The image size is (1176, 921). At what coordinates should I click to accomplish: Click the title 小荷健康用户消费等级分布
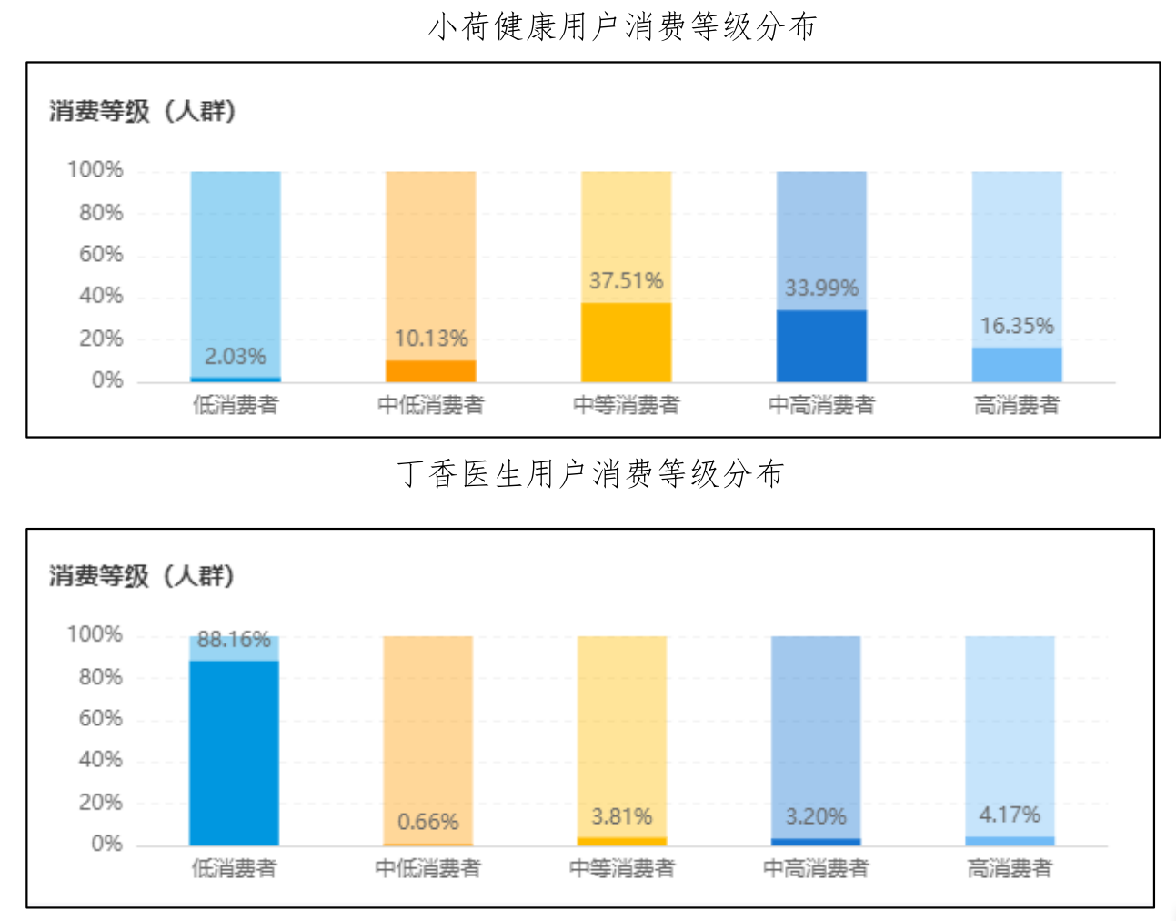[622, 26]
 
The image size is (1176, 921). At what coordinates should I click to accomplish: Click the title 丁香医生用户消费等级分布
[590, 473]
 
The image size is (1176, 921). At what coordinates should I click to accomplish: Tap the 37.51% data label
[626, 280]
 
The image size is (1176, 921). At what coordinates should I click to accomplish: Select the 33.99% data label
[821, 288]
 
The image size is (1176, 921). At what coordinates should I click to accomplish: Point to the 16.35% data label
[1017, 326]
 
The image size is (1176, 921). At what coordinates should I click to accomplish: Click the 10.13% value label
[431, 339]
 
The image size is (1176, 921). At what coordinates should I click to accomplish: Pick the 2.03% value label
[236, 356]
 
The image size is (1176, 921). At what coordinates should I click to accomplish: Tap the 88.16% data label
[234, 639]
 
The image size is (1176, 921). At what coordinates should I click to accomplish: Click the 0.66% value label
[427, 822]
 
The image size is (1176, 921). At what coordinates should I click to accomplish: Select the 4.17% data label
[1010, 815]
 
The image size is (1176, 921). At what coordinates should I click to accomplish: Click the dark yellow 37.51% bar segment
[626, 342]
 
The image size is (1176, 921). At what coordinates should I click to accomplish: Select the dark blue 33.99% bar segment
[821, 346]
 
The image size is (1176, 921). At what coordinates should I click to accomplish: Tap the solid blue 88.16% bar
[234, 753]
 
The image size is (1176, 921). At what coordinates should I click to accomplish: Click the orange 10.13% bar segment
[431, 371]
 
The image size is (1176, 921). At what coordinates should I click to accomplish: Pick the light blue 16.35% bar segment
[1017, 364]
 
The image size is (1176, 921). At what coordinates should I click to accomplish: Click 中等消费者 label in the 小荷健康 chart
[626, 405]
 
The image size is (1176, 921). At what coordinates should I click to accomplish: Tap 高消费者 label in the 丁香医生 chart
[1010, 868]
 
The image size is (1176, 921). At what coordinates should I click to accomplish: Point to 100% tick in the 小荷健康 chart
[95, 170]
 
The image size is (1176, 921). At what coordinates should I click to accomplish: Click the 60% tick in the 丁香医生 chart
[100, 718]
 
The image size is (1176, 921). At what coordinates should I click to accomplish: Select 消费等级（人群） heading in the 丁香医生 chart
[142, 575]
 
